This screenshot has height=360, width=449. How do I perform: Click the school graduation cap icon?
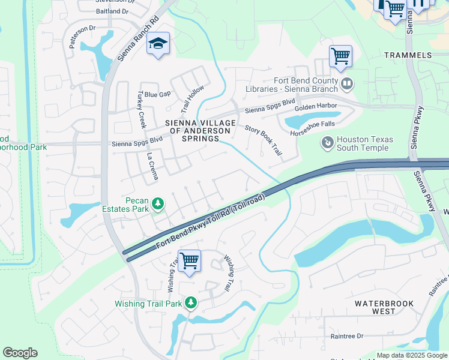click(x=158, y=44)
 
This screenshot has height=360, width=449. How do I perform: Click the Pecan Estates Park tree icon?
click(x=158, y=205)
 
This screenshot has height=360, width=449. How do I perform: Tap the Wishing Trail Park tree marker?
click(x=191, y=303)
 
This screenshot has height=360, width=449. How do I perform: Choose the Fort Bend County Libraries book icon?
click(x=346, y=83)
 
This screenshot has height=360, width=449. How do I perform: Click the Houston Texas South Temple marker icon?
click(x=327, y=143)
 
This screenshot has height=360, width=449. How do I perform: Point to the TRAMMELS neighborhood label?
click(x=408, y=55)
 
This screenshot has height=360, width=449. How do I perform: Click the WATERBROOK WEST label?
click(x=384, y=307)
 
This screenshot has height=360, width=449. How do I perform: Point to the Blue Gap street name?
click(x=157, y=94)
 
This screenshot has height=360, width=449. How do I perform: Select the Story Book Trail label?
click(x=264, y=140)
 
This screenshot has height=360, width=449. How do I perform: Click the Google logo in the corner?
click(x=20, y=353)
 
